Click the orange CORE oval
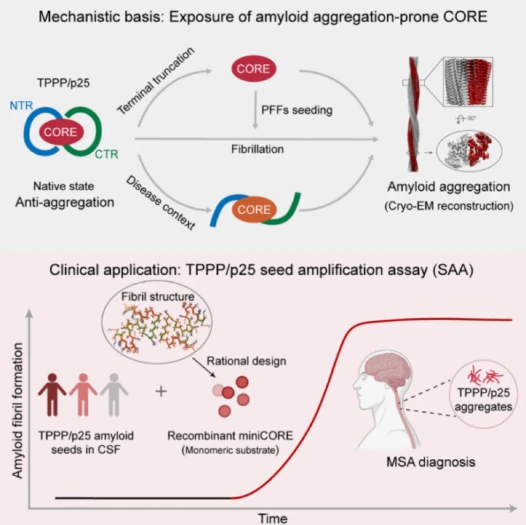click(x=254, y=210)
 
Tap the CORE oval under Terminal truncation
click(x=254, y=69)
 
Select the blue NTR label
click(x=21, y=106)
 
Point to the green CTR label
click(x=107, y=154)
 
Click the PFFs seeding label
click(x=297, y=110)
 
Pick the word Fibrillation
click(x=257, y=149)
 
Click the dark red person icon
click(x=52, y=395)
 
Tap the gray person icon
click(x=114, y=395)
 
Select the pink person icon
click(x=83, y=395)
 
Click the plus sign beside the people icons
click(x=161, y=391)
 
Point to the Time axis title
click(x=272, y=518)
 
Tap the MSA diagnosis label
click(x=431, y=462)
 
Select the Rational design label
click(x=246, y=361)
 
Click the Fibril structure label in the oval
click(x=158, y=296)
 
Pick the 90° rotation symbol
click(x=466, y=119)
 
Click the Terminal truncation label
click(x=156, y=80)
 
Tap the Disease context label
click(x=160, y=203)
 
